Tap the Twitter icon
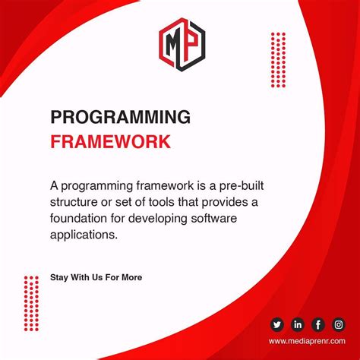(276, 325)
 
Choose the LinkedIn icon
(297, 325)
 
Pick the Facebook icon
(317, 325)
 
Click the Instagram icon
(338, 325)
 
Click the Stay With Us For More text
(96, 277)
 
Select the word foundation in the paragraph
(84, 219)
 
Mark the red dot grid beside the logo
(279, 60)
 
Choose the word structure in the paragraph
(77, 202)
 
